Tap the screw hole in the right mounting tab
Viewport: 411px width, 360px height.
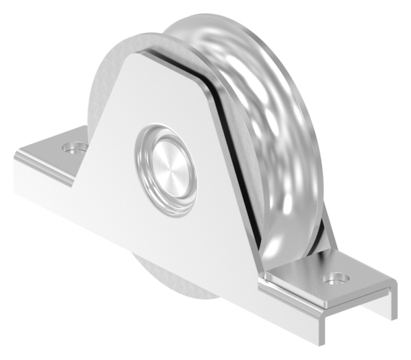point(336,278)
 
